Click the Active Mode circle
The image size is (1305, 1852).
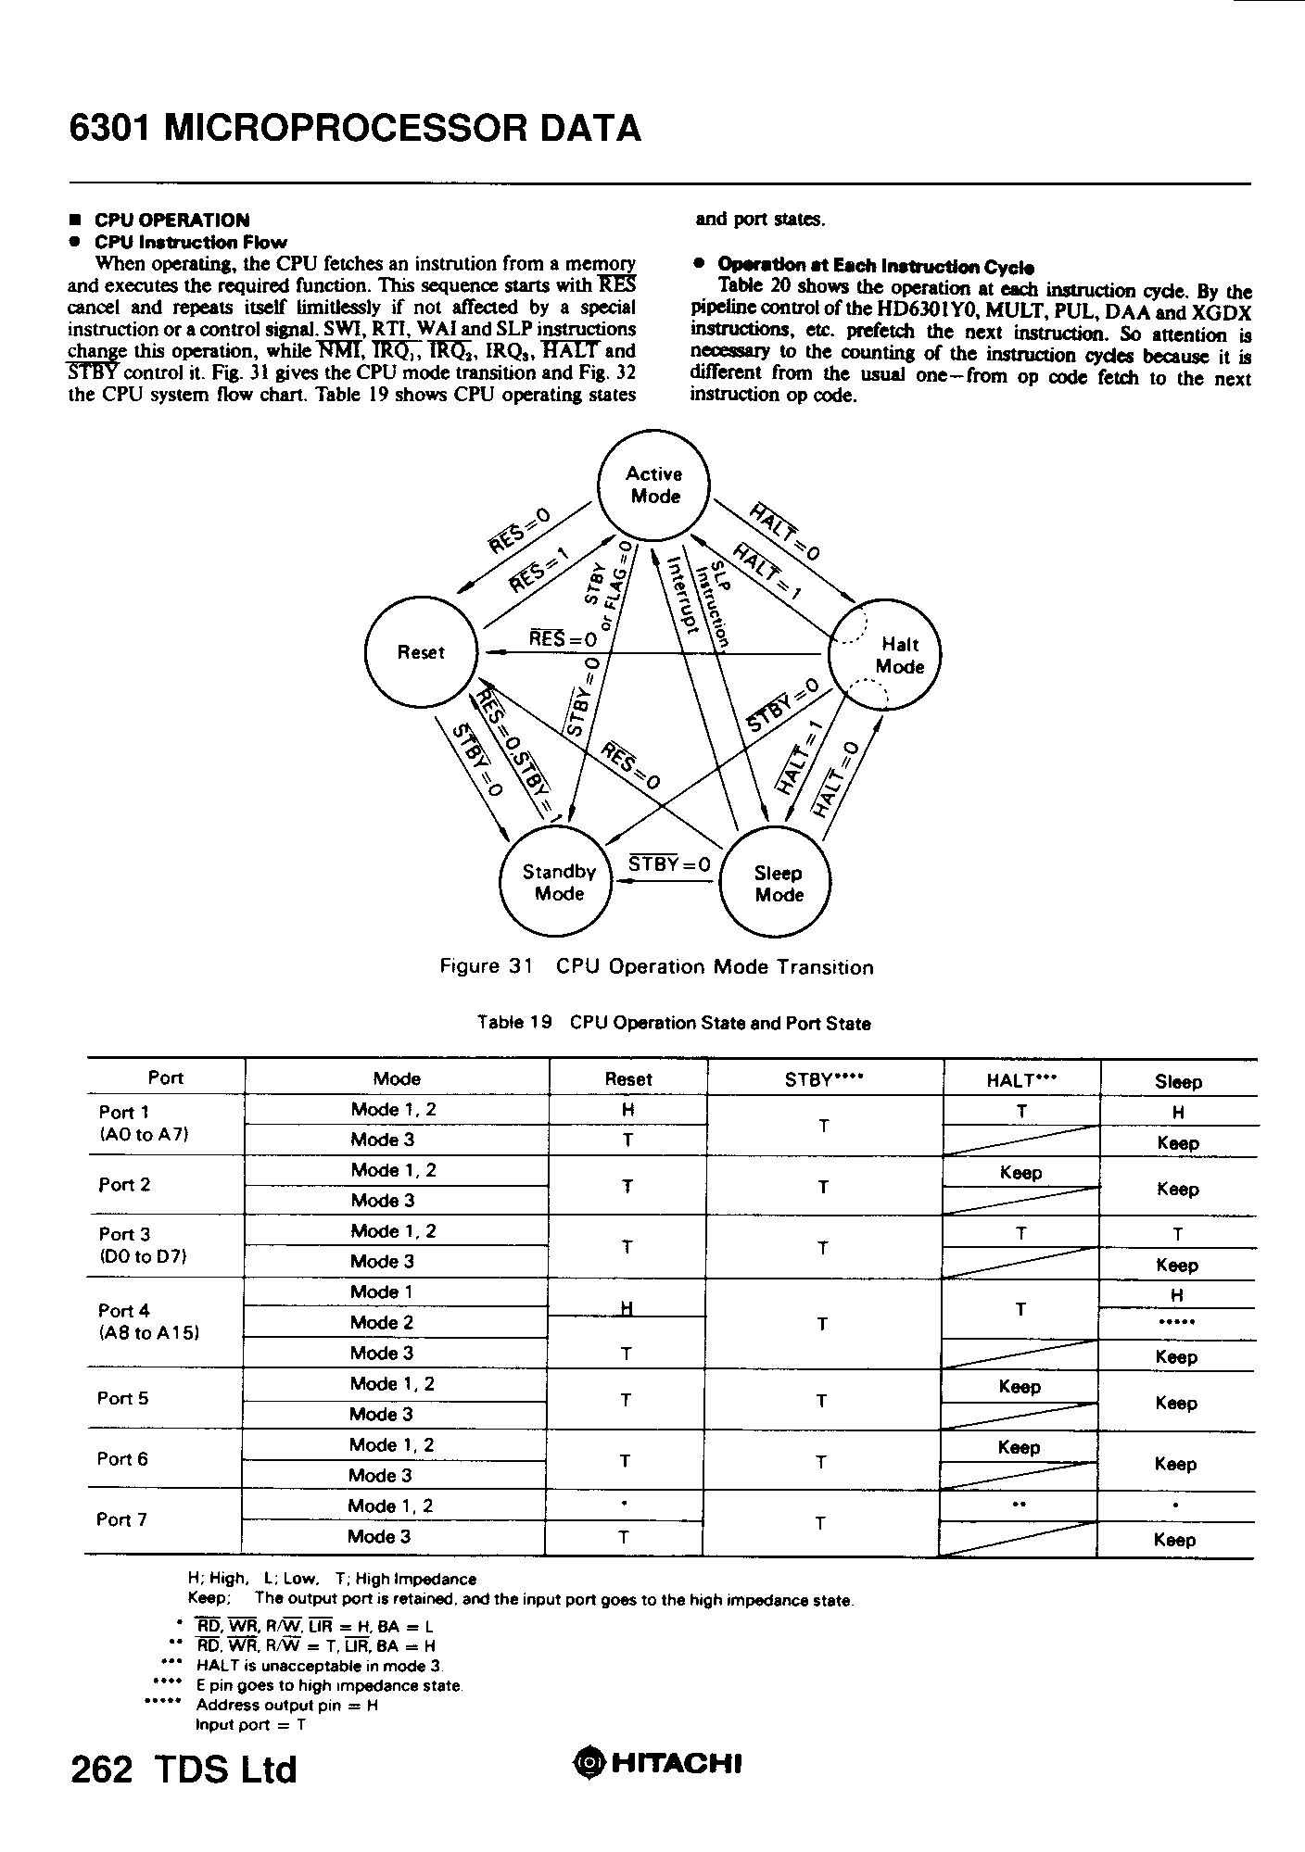pyautogui.click(x=654, y=485)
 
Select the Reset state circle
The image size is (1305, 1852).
pyautogui.click(x=421, y=651)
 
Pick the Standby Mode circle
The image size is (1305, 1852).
pyautogui.click(x=558, y=882)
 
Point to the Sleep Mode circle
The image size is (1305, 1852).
pyautogui.click(x=778, y=884)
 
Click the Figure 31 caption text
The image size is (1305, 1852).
pyautogui.click(x=656, y=967)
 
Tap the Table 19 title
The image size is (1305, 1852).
pyautogui.click(x=674, y=1024)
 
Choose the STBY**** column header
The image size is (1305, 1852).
pyautogui.click(x=823, y=1079)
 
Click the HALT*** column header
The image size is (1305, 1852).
pyautogui.click(x=1020, y=1079)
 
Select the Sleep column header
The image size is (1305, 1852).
pyautogui.click(x=1178, y=1081)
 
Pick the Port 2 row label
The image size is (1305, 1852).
pyautogui.click(x=123, y=1185)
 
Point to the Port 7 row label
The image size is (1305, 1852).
pyautogui.click(x=121, y=1519)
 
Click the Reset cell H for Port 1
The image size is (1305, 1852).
pyautogui.click(x=627, y=1110)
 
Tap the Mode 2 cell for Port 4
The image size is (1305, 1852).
pyautogui.click(x=381, y=1322)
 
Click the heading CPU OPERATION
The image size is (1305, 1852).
pyautogui.click(x=171, y=220)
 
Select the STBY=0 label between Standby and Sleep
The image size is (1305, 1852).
pyautogui.click(x=669, y=863)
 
